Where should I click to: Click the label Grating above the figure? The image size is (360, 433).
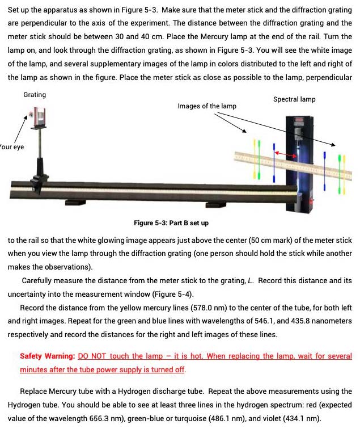click(x=35, y=95)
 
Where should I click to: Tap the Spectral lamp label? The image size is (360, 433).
click(x=294, y=99)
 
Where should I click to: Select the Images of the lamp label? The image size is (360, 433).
click(x=207, y=106)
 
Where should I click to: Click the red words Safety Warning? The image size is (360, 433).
click(x=47, y=356)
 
